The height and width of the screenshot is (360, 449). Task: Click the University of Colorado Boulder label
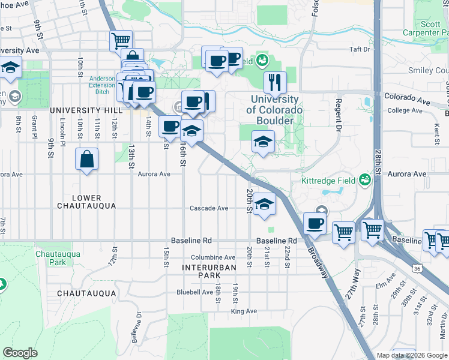(x=274, y=110)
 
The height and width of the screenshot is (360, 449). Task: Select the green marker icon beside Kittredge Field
(x=364, y=179)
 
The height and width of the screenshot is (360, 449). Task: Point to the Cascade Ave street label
(x=209, y=208)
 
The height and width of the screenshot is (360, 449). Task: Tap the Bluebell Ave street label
(x=194, y=292)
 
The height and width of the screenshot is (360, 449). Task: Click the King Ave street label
(x=244, y=311)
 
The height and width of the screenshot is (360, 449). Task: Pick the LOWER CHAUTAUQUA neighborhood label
(x=86, y=202)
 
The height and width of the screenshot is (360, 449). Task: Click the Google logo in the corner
(x=20, y=352)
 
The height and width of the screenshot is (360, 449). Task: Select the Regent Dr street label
(x=339, y=115)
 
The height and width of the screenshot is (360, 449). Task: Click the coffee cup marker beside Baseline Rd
(x=315, y=224)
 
